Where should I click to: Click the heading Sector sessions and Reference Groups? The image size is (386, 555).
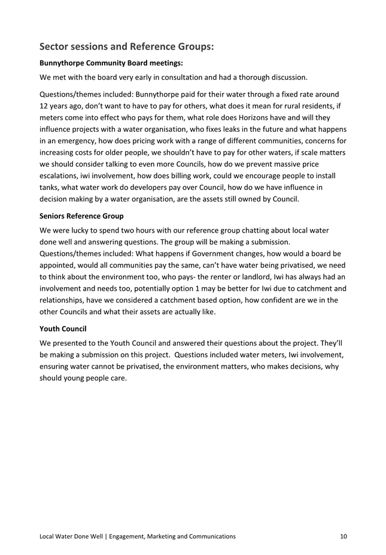pyautogui.click(x=126, y=46)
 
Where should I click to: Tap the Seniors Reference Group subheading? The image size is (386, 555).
pyautogui.click(x=81, y=215)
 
